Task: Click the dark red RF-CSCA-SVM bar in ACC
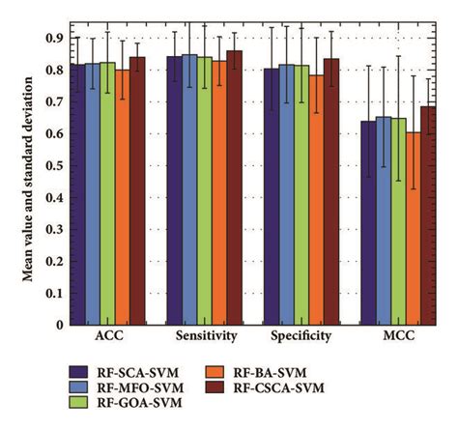(x=137, y=193)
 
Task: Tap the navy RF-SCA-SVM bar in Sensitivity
(x=174, y=193)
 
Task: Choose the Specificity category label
(x=301, y=337)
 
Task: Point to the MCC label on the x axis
(x=397, y=337)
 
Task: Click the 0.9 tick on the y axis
(x=57, y=38)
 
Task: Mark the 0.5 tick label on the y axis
(x=57, y=166)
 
